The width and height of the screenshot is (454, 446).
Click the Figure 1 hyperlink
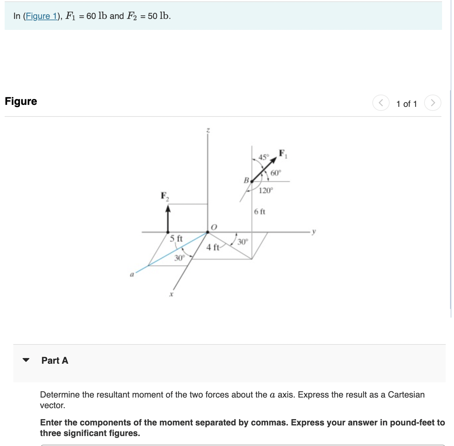41,16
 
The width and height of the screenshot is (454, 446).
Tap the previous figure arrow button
381,103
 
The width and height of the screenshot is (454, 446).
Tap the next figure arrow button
432,103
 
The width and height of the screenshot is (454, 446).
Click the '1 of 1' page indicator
406,104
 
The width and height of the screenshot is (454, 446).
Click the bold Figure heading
21,101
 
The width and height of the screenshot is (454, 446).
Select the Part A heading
55,360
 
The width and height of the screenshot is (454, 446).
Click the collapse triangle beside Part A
26,360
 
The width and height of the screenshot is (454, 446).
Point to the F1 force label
283,154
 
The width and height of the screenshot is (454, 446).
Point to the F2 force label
165,196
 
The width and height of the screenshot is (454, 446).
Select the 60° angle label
275,173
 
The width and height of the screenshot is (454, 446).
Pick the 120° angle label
265,190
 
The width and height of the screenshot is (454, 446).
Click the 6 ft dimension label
260,212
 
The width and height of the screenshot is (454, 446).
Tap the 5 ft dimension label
176,239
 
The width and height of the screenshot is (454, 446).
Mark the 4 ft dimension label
212,247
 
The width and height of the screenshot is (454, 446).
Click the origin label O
214,227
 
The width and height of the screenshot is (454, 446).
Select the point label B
246,180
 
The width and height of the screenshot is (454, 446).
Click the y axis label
314,231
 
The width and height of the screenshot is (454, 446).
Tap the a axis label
132,274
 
